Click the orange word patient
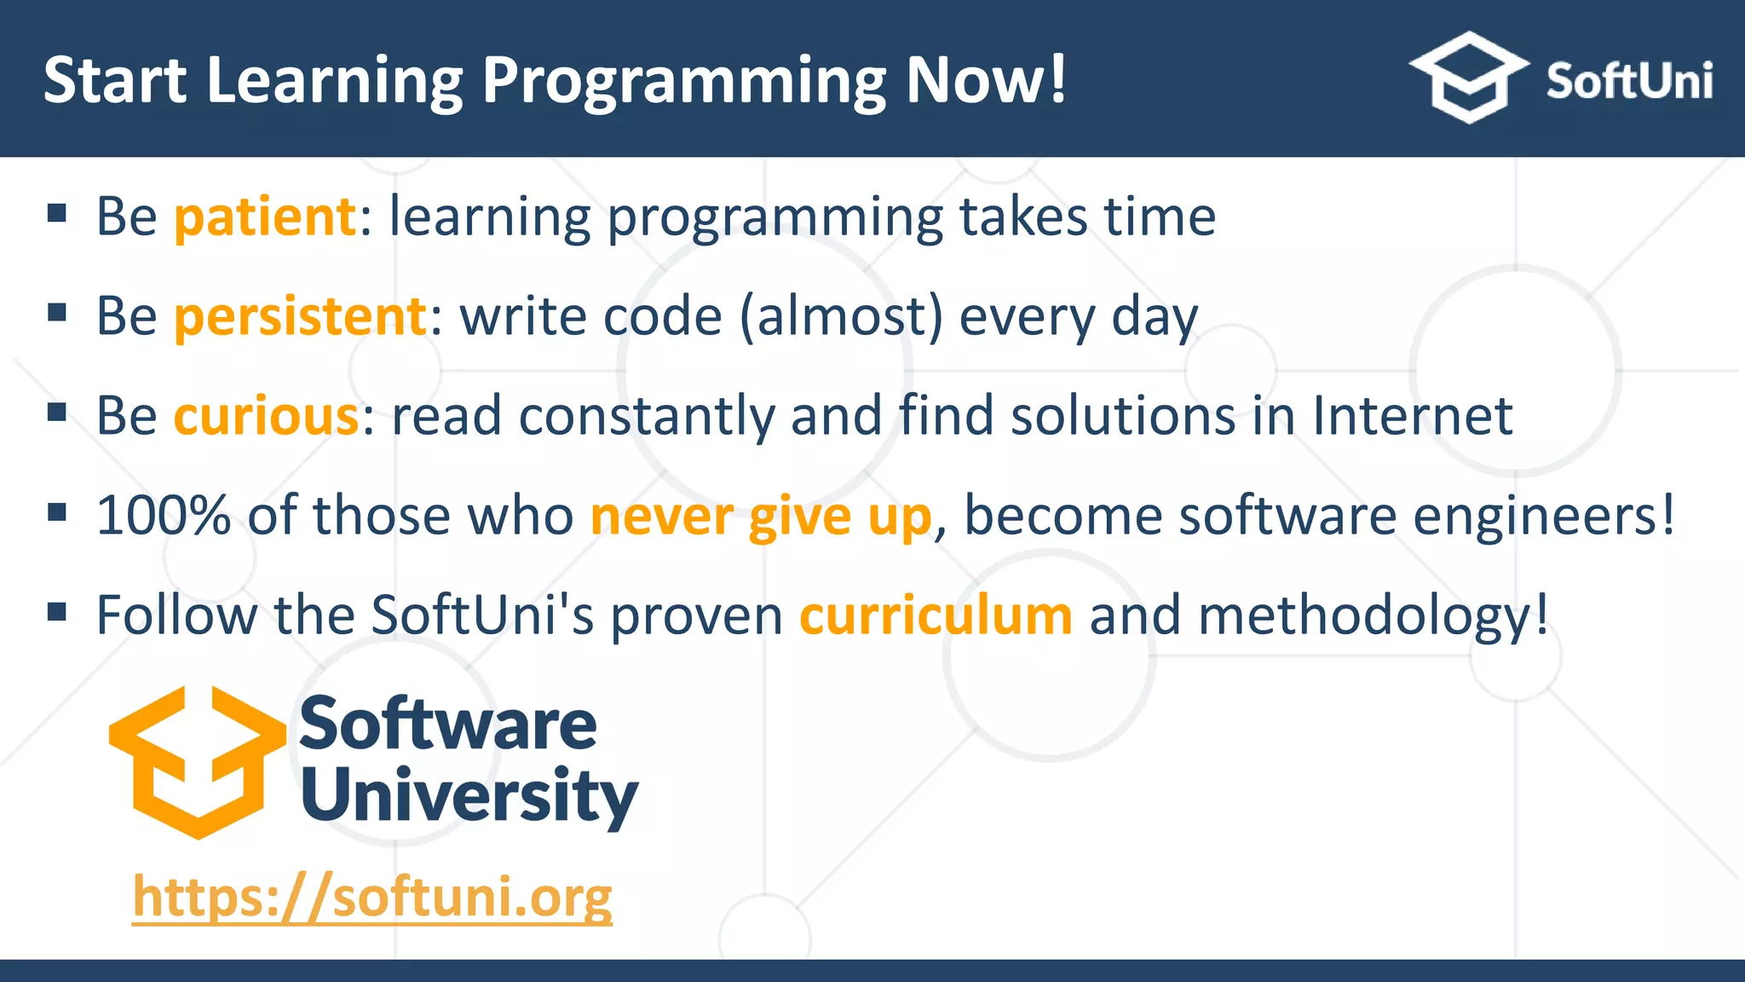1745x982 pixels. point(265,217)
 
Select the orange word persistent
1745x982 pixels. point(300,317)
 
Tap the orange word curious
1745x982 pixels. point(266,417)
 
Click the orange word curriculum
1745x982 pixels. point(936,615)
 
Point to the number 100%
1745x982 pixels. point(164,517)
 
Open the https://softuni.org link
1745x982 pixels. point(372,898)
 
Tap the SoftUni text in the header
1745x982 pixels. point(1629,82)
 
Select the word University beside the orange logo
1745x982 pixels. point(469,795)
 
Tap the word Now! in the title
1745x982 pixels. point(986,80)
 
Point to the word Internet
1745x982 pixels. point(1412,417)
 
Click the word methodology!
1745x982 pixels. point(1373,617)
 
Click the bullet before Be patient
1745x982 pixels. point(57,213)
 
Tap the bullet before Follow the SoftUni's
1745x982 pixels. point(57,612)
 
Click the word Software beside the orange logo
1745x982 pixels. point(448,724)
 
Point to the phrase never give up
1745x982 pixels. point(761,517)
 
